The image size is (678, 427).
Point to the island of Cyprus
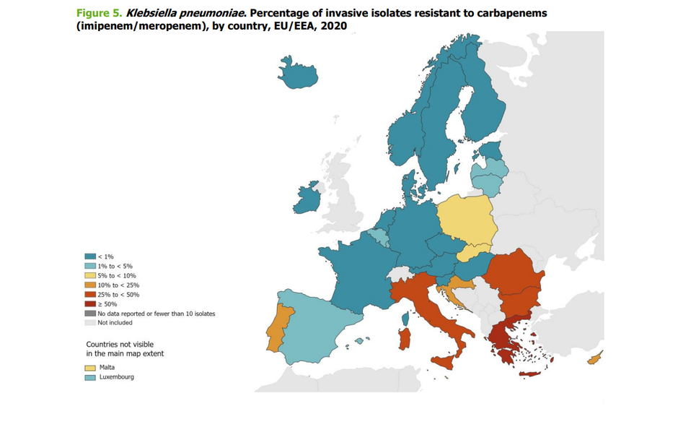(x=596, y=358)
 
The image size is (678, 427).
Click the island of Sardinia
(x=405, y=338)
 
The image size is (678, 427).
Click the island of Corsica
(x=406, y=317)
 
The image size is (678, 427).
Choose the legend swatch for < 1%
(x=90, y=256)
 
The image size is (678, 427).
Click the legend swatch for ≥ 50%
(x=90, y=304)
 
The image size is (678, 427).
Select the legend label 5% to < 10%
(x=117, y=275)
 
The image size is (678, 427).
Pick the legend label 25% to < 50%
(x=118, y=295)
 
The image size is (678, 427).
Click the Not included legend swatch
(x=90, y=323)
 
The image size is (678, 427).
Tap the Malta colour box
(x=90, y=367)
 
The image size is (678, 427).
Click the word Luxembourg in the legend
(x=116, y=377)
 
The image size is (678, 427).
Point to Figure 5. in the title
(x=100, y=13)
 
